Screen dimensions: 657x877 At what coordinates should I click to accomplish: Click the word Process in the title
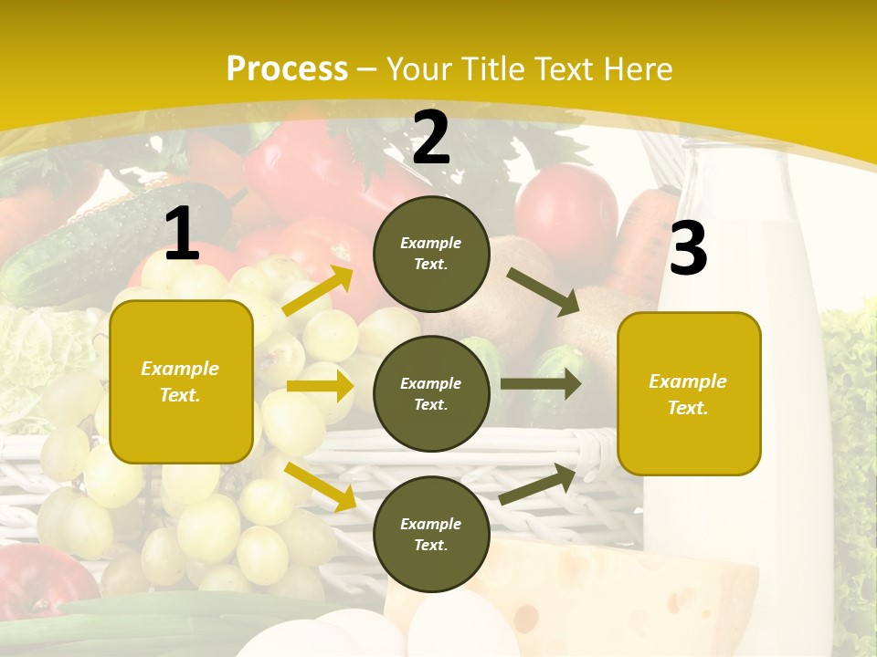(287, 69)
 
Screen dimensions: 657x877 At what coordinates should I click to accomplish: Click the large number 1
(182, 235)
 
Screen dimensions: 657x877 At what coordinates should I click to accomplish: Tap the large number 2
(430, 138)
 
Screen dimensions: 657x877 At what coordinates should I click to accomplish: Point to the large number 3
(688, 249)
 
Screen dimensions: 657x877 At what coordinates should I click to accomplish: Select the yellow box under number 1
(181, 381)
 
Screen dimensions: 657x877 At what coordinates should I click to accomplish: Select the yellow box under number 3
(689, 394)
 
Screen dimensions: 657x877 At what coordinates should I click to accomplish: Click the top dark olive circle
(431, 254)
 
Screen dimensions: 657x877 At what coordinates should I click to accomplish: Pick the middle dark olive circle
(431, 394)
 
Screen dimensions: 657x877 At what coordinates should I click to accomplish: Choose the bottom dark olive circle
(431, 535)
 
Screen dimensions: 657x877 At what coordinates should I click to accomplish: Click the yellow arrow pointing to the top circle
(317, 291)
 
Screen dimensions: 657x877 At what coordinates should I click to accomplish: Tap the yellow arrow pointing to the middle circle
(320, 386)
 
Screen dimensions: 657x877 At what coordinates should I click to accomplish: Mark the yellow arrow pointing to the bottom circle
(321, 485)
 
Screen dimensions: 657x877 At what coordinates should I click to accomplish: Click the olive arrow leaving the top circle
(544, 292)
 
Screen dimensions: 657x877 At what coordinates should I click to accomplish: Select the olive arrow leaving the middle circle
(541, 384)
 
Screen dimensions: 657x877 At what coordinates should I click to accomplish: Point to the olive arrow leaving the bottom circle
(538, 485)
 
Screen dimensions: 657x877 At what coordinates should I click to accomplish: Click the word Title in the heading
(492, 69)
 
